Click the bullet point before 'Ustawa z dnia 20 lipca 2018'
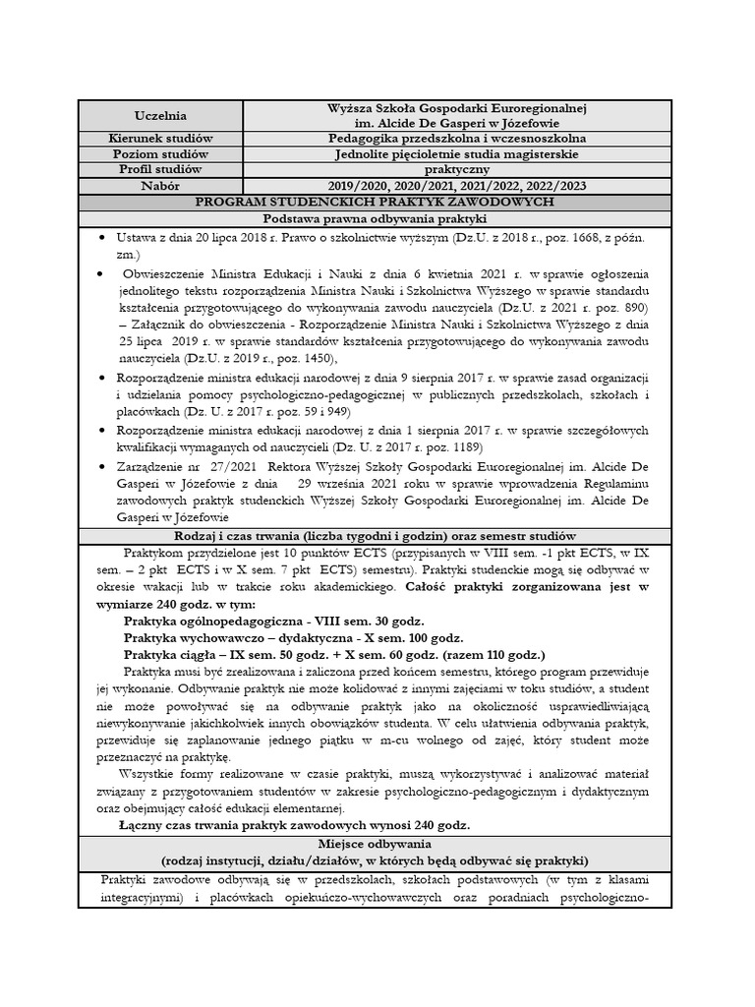[104, 238]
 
